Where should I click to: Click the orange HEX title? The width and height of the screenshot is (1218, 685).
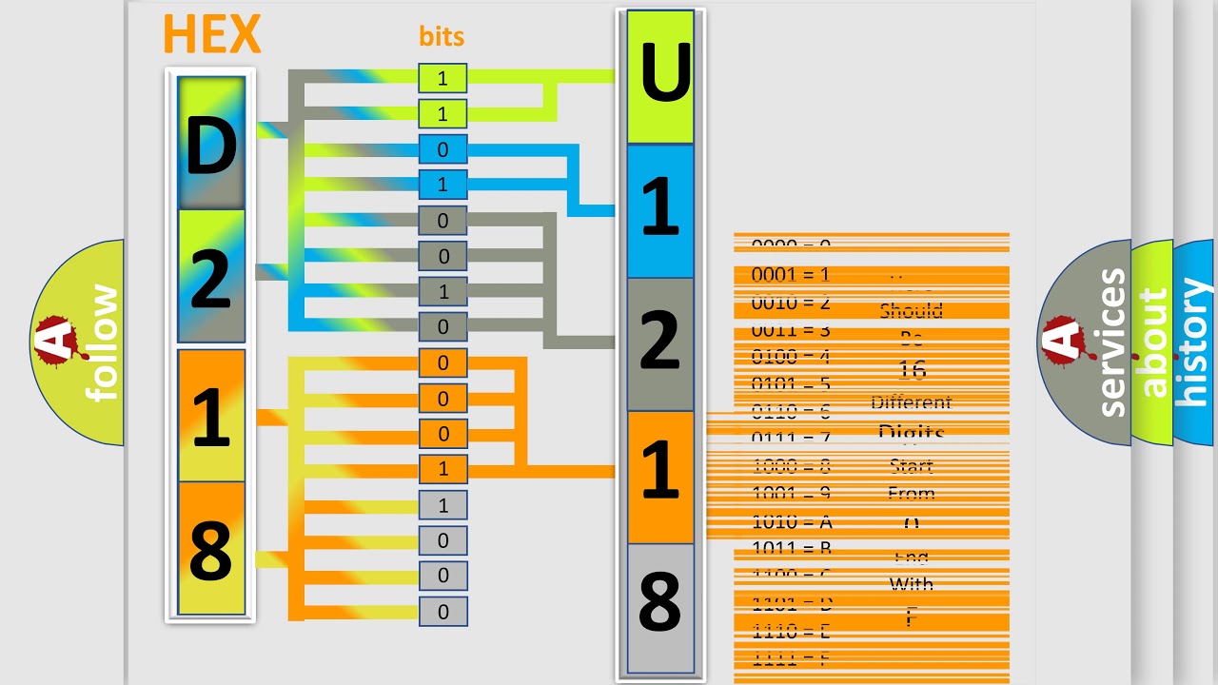[x=211, y=35]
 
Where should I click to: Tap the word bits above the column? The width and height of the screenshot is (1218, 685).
[x=442, y=37]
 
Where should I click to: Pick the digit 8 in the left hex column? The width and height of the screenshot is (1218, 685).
[x=210, y=549]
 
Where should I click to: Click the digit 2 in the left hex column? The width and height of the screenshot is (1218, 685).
[x=210, y=278]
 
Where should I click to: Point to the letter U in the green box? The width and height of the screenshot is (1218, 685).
[x=660, y=77]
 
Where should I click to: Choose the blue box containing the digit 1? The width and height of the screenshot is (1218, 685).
[x=660, y=210]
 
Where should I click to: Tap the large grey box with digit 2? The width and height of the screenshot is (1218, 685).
[x=660, y=343]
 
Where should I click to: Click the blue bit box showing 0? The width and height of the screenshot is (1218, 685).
[x=442, y=149]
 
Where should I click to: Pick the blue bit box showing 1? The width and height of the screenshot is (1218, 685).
[x=442, y=185]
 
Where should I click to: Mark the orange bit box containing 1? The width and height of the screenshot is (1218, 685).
[x=442, y=469]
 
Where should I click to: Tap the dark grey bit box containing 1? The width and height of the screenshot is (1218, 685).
[x=442, y=291]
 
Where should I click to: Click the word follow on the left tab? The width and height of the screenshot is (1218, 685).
[x=104, y=342]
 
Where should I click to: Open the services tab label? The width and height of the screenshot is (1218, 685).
[x=1111, y=342]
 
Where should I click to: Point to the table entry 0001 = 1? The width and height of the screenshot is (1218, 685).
[x=791, y=275]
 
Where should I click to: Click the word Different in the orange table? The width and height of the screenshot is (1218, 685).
[x=911, y=402]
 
